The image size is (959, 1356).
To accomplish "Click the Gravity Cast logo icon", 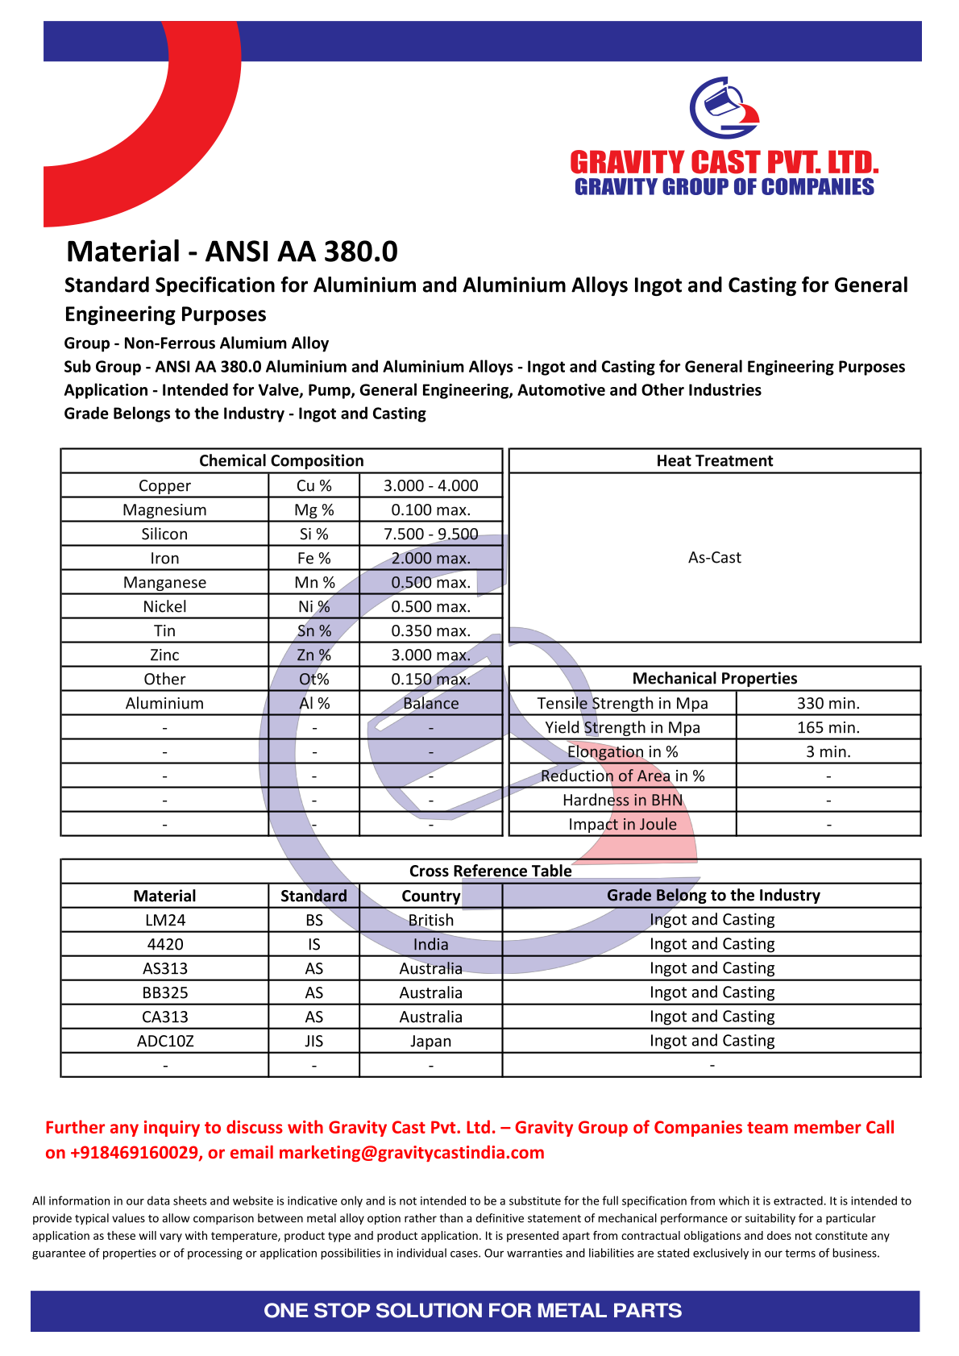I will [724, 108].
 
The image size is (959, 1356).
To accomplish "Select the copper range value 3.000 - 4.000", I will [430, 485].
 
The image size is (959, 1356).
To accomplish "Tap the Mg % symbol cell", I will [313, 510].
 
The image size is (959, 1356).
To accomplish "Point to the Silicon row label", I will [164, 534].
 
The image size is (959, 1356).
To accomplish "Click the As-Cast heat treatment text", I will [714, 557].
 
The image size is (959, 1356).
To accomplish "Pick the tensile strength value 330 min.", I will [828, 703].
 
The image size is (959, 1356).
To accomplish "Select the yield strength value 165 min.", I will [828, 727].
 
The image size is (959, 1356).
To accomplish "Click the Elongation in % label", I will [622, 751].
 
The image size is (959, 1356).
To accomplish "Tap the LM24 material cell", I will [164, 920].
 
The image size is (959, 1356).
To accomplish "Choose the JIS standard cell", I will [313, 1041].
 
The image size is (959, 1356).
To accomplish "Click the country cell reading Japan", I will [430, 1041].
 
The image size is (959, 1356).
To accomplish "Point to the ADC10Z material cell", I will [164, 1041].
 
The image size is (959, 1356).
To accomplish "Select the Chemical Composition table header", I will [281, 460].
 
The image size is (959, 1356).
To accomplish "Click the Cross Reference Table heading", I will [490, 871].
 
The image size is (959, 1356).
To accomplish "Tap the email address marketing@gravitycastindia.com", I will [411, 1152].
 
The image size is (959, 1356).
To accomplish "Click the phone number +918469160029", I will [135, 1152].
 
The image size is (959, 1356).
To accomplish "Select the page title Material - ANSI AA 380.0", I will [232, 252].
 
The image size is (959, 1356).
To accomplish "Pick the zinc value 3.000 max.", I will [430, 655].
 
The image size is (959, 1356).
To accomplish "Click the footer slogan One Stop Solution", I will [472, 1310].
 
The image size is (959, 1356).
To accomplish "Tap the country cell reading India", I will [430, 944].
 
